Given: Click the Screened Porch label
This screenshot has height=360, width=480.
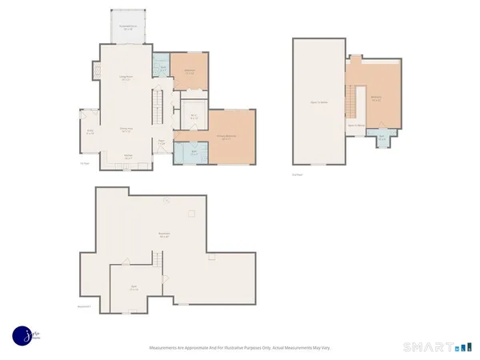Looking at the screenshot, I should coord(126,27).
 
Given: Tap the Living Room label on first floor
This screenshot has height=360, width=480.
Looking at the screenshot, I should coord(126,78).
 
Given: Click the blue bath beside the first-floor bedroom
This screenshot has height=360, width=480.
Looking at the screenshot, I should coord(161,69).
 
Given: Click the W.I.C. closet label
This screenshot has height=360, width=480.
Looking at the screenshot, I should coord(194,116).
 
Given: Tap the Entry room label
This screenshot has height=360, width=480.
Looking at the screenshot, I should coord(90,133).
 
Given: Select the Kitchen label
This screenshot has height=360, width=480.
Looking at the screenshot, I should coord(127,158).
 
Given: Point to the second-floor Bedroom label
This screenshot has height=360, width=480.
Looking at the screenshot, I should coord(375,98).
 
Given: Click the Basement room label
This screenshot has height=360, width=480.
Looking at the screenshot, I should coord(164,235).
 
